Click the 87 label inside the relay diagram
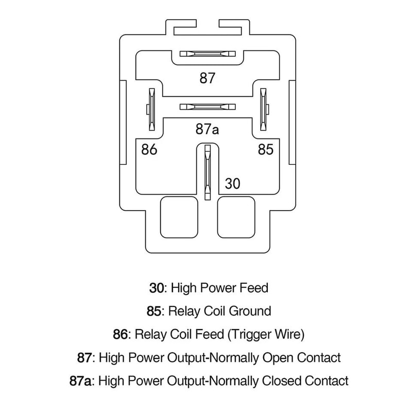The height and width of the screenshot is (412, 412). point(207,78)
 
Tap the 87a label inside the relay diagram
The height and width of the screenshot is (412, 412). point(207,129)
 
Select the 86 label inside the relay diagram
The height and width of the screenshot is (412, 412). point(148,150)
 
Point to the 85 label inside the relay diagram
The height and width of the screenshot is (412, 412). point(266,150)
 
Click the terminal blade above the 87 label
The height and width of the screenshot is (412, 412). point(207,54)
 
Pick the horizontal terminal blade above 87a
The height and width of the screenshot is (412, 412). point(207,107)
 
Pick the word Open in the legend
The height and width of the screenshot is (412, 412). point(279,357)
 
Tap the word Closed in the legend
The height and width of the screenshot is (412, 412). point(287,381)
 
